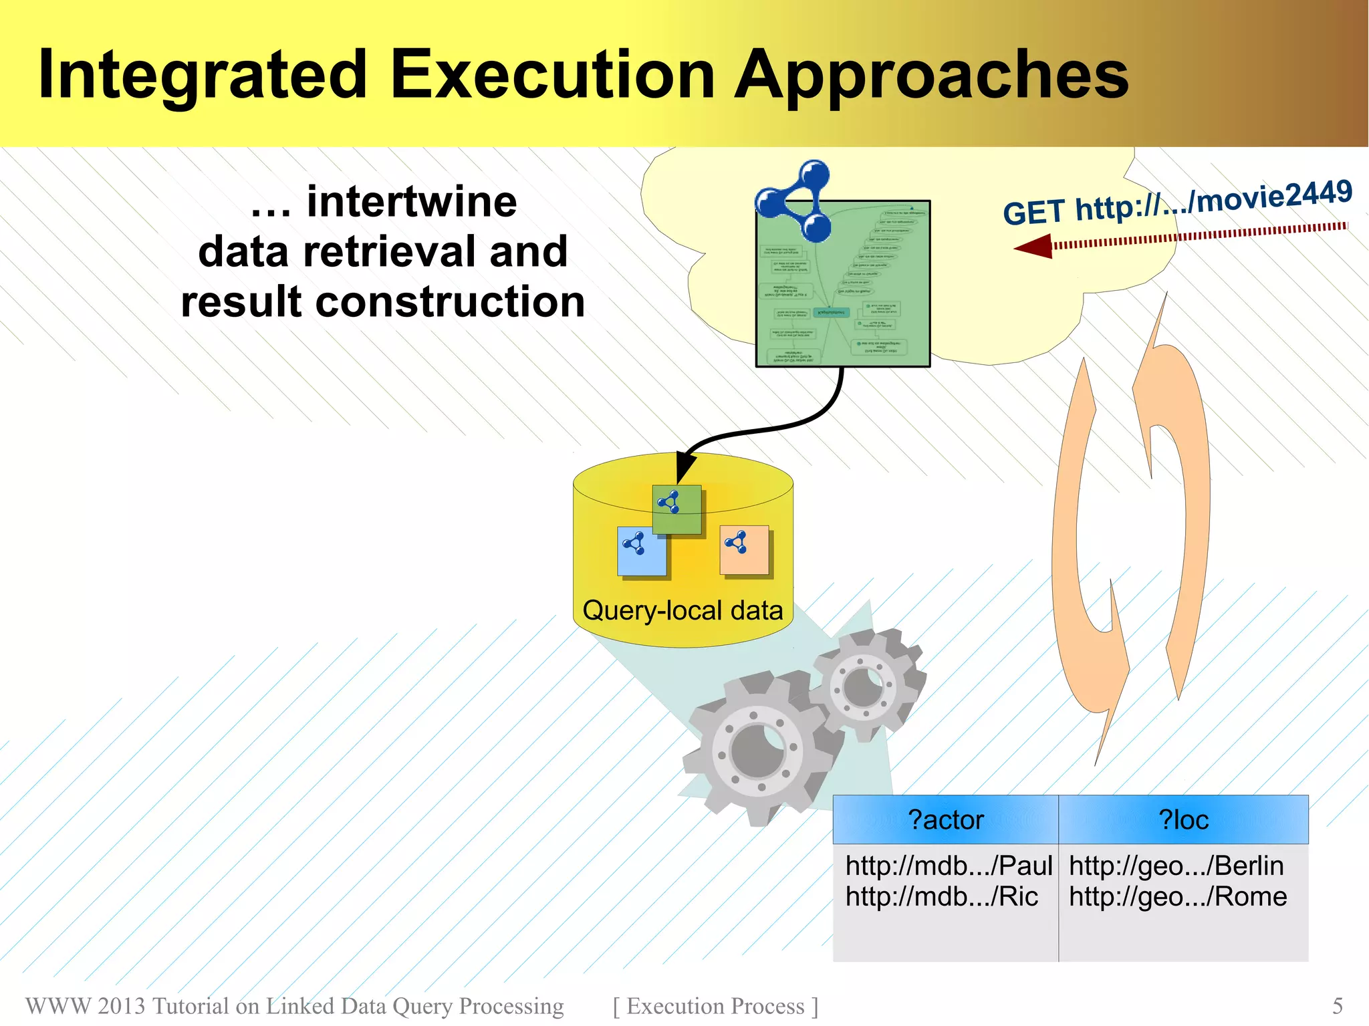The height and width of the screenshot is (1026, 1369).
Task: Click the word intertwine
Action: (412, 201)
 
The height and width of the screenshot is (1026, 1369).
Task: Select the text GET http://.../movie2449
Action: (1177, 203)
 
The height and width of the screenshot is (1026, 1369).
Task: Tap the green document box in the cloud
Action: (843, 294)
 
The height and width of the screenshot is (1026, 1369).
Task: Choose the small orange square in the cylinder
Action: (744, 549)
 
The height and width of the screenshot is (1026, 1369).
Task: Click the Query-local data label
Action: (682, 610)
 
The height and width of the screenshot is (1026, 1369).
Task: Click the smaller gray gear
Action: (864, 685)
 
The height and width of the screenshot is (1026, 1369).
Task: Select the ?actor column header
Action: (945, 819)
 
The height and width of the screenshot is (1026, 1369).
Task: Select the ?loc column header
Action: (1183, 819)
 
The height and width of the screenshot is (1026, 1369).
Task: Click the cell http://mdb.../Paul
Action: (949, 866)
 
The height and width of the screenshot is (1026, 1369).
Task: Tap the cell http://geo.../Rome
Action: (1178, 896)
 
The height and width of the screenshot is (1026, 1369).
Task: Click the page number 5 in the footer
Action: (1337, 1005)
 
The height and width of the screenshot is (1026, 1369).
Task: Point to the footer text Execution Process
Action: (715, 1005)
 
